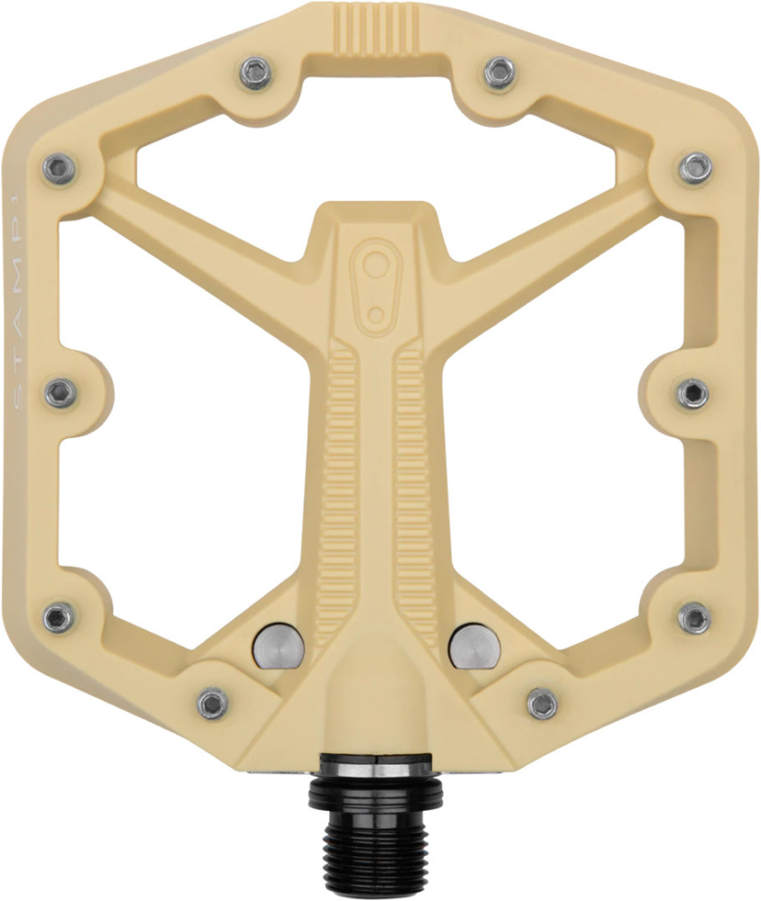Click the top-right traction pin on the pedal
tap(499, 72)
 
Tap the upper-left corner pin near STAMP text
tap(60, 168)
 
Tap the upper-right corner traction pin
tap(696, 167)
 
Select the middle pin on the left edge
tap(60, 392)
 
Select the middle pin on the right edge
tap(692, 393)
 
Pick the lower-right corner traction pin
tap(694, 617)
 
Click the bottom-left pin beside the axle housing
tap(213, 703)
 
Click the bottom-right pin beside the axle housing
tap(542, 703)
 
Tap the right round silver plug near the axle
tap(472, 646)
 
